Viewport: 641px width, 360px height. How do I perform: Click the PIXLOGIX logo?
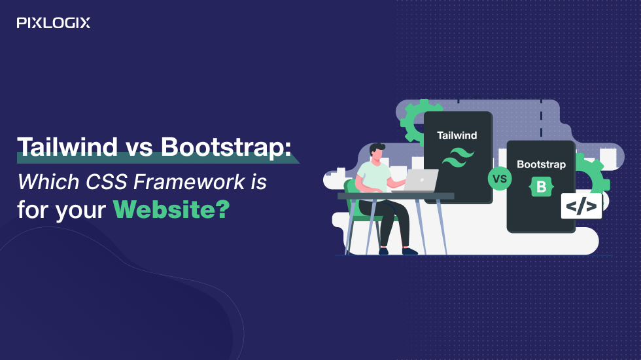pyautogui.click(x=54, y=23)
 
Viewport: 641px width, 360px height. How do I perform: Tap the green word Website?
pyautogui.click(x=171, y=210)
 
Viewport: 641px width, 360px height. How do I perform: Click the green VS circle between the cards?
pyautogui.click(x=500, y=178)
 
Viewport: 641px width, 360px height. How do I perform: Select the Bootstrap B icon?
pyautogui.click(x=541, y=187)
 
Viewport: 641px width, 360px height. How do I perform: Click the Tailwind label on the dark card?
pyautogui.click(x=457, y=135)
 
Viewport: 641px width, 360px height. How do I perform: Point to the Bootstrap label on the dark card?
pyautogui.click(x=541, y=164)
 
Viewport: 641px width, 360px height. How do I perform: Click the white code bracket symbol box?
pyautogui.click(x=581, y=206)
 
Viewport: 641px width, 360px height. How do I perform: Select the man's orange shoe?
pyautogui.click(x=410, y=251)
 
